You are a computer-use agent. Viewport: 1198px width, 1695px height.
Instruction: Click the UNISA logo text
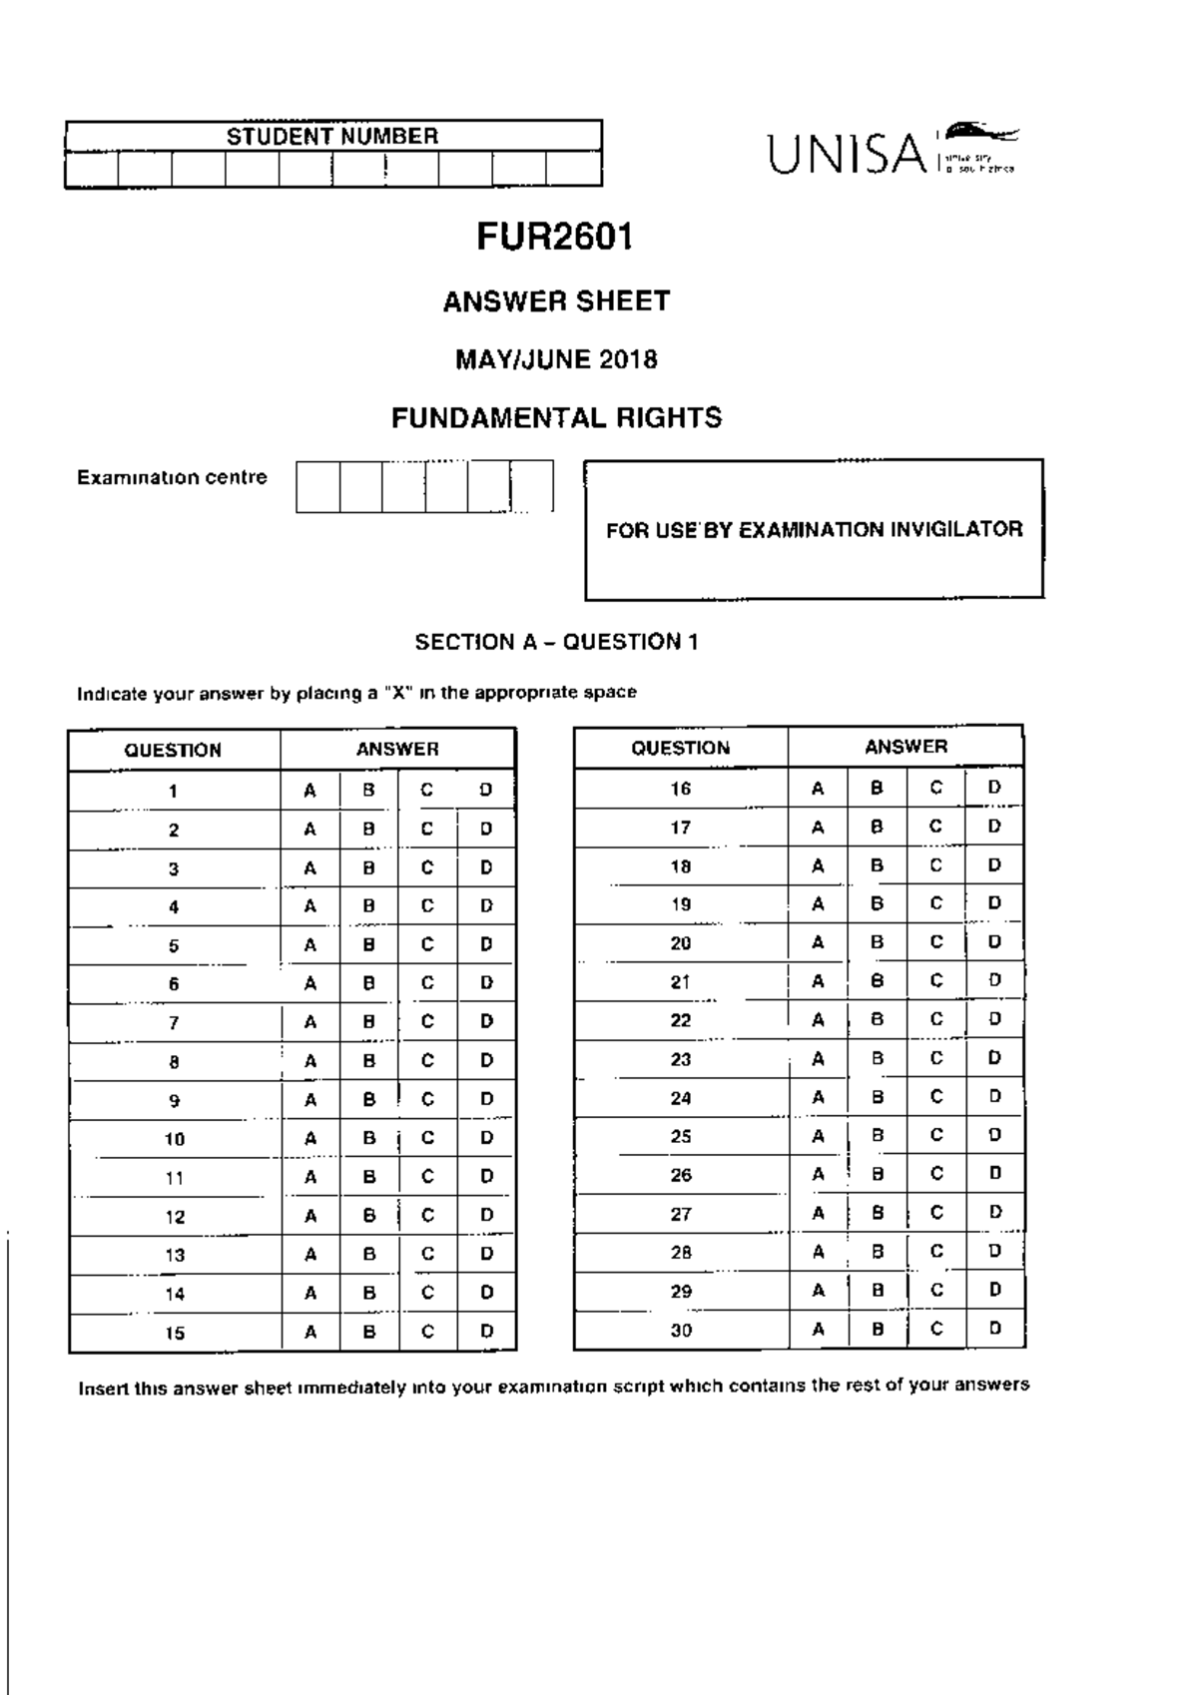tap(848, 155)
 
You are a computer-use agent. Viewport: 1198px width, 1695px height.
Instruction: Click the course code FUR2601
tap(555, 237)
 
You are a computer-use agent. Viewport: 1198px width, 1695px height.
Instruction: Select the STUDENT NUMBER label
tap(332, 136)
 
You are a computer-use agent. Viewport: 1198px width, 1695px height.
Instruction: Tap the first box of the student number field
tap(92, 170)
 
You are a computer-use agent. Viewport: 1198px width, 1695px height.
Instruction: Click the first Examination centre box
tap(317, 486)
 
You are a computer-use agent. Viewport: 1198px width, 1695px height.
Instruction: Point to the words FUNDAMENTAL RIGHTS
tap(556, 417)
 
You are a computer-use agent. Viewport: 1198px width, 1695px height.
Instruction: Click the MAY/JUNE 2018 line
tap(556, 359)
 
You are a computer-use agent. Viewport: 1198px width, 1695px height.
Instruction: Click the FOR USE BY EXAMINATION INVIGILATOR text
tap(814, 529)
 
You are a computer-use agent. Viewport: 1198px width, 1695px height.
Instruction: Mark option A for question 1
tap(310, 791)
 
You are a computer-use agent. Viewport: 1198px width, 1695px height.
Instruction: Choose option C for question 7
tap(427, 1022)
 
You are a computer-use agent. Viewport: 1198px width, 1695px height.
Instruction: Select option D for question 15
tap(486, 1332)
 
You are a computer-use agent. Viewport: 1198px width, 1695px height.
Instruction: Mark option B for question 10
tap(369, 1138)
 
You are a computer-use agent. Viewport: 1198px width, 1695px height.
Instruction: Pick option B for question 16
tap(877, 788)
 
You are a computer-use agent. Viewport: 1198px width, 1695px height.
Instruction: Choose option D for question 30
tap(994, 1329)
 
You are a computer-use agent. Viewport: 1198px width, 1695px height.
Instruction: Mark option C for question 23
tap(935, 1058)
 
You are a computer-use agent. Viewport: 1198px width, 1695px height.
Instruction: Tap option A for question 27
tap(818, 1214)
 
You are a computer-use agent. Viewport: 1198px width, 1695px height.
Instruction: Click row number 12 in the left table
tap(175, 1217)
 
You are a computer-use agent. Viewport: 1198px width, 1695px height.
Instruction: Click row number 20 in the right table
tap(681, 943)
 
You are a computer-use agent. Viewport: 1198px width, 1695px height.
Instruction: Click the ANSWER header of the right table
tap(905, 747)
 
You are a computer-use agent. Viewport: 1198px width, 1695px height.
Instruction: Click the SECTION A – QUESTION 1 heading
tap(556, 642)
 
